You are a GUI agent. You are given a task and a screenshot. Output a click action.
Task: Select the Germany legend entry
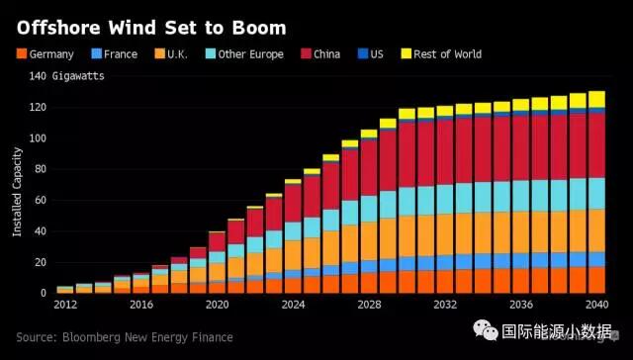(45, 53)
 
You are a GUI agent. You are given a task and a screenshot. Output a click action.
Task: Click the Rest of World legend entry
(440, 53)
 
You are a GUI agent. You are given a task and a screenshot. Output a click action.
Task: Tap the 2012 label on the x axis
(64, 307)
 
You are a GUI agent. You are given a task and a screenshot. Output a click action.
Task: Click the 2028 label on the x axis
(368, 307)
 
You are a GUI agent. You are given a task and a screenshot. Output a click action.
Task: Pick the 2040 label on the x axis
(596, 307)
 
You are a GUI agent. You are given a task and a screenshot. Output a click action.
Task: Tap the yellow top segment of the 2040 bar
(596, 98)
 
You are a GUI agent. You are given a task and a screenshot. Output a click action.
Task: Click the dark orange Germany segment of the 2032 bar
(444, 281)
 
